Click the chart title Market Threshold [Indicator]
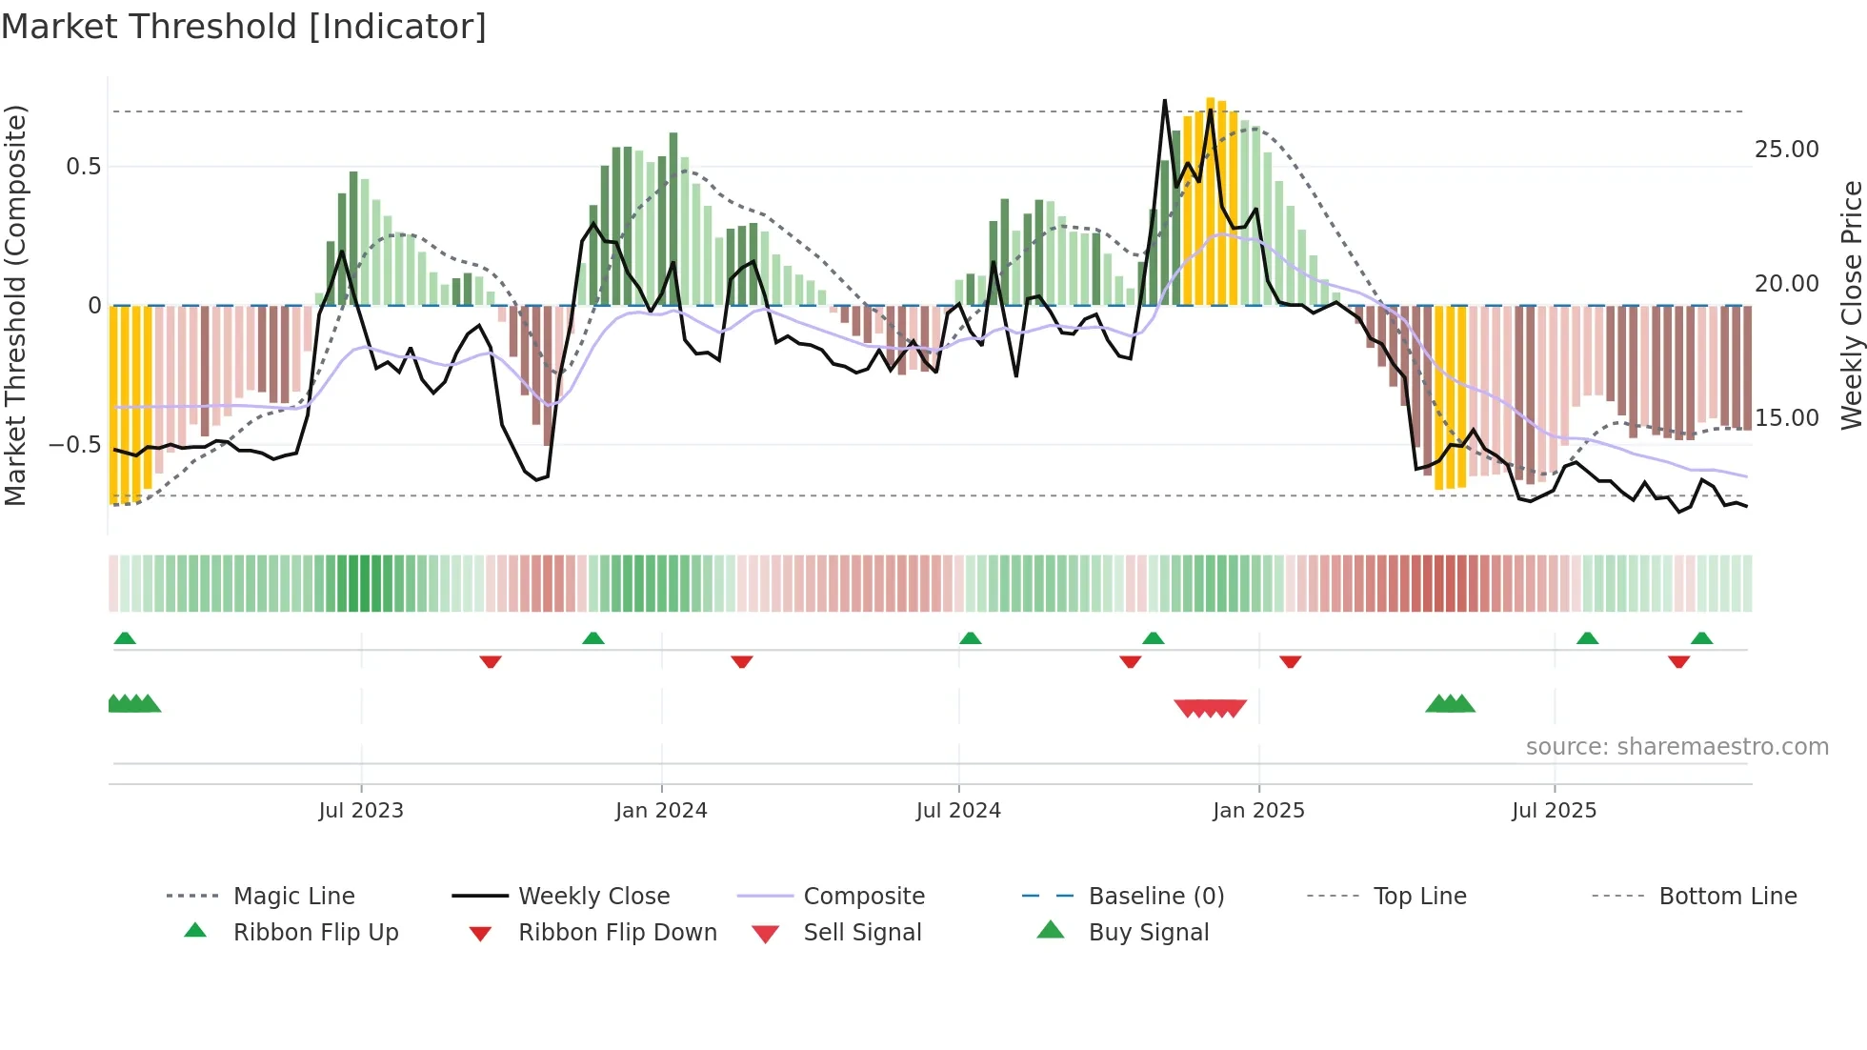tap(244, 27)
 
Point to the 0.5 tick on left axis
tap(83, 167)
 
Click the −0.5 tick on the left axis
tap(74, 445)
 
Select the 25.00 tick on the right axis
tap(1786, 150)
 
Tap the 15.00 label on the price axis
tap(1786, 418)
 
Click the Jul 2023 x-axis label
tap(361, 811)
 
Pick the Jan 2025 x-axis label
tap(1258, 811)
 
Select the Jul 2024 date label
tap(958, 811)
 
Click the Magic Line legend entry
tap(293, 897)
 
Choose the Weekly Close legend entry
tap(593, 897)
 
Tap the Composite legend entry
tap(863, 897)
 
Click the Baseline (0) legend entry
tap(1155, 897)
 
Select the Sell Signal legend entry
tap(862, 933)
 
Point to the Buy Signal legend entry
tap(1148, 933)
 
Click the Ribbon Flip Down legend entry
tap(616, 933)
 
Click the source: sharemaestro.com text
tap(1676, 747)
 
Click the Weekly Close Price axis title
tap(1851, 305)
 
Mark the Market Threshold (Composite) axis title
tap(15, 305)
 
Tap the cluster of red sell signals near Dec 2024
tap(1210, 708)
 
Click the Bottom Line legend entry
tap(1727, 897)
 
